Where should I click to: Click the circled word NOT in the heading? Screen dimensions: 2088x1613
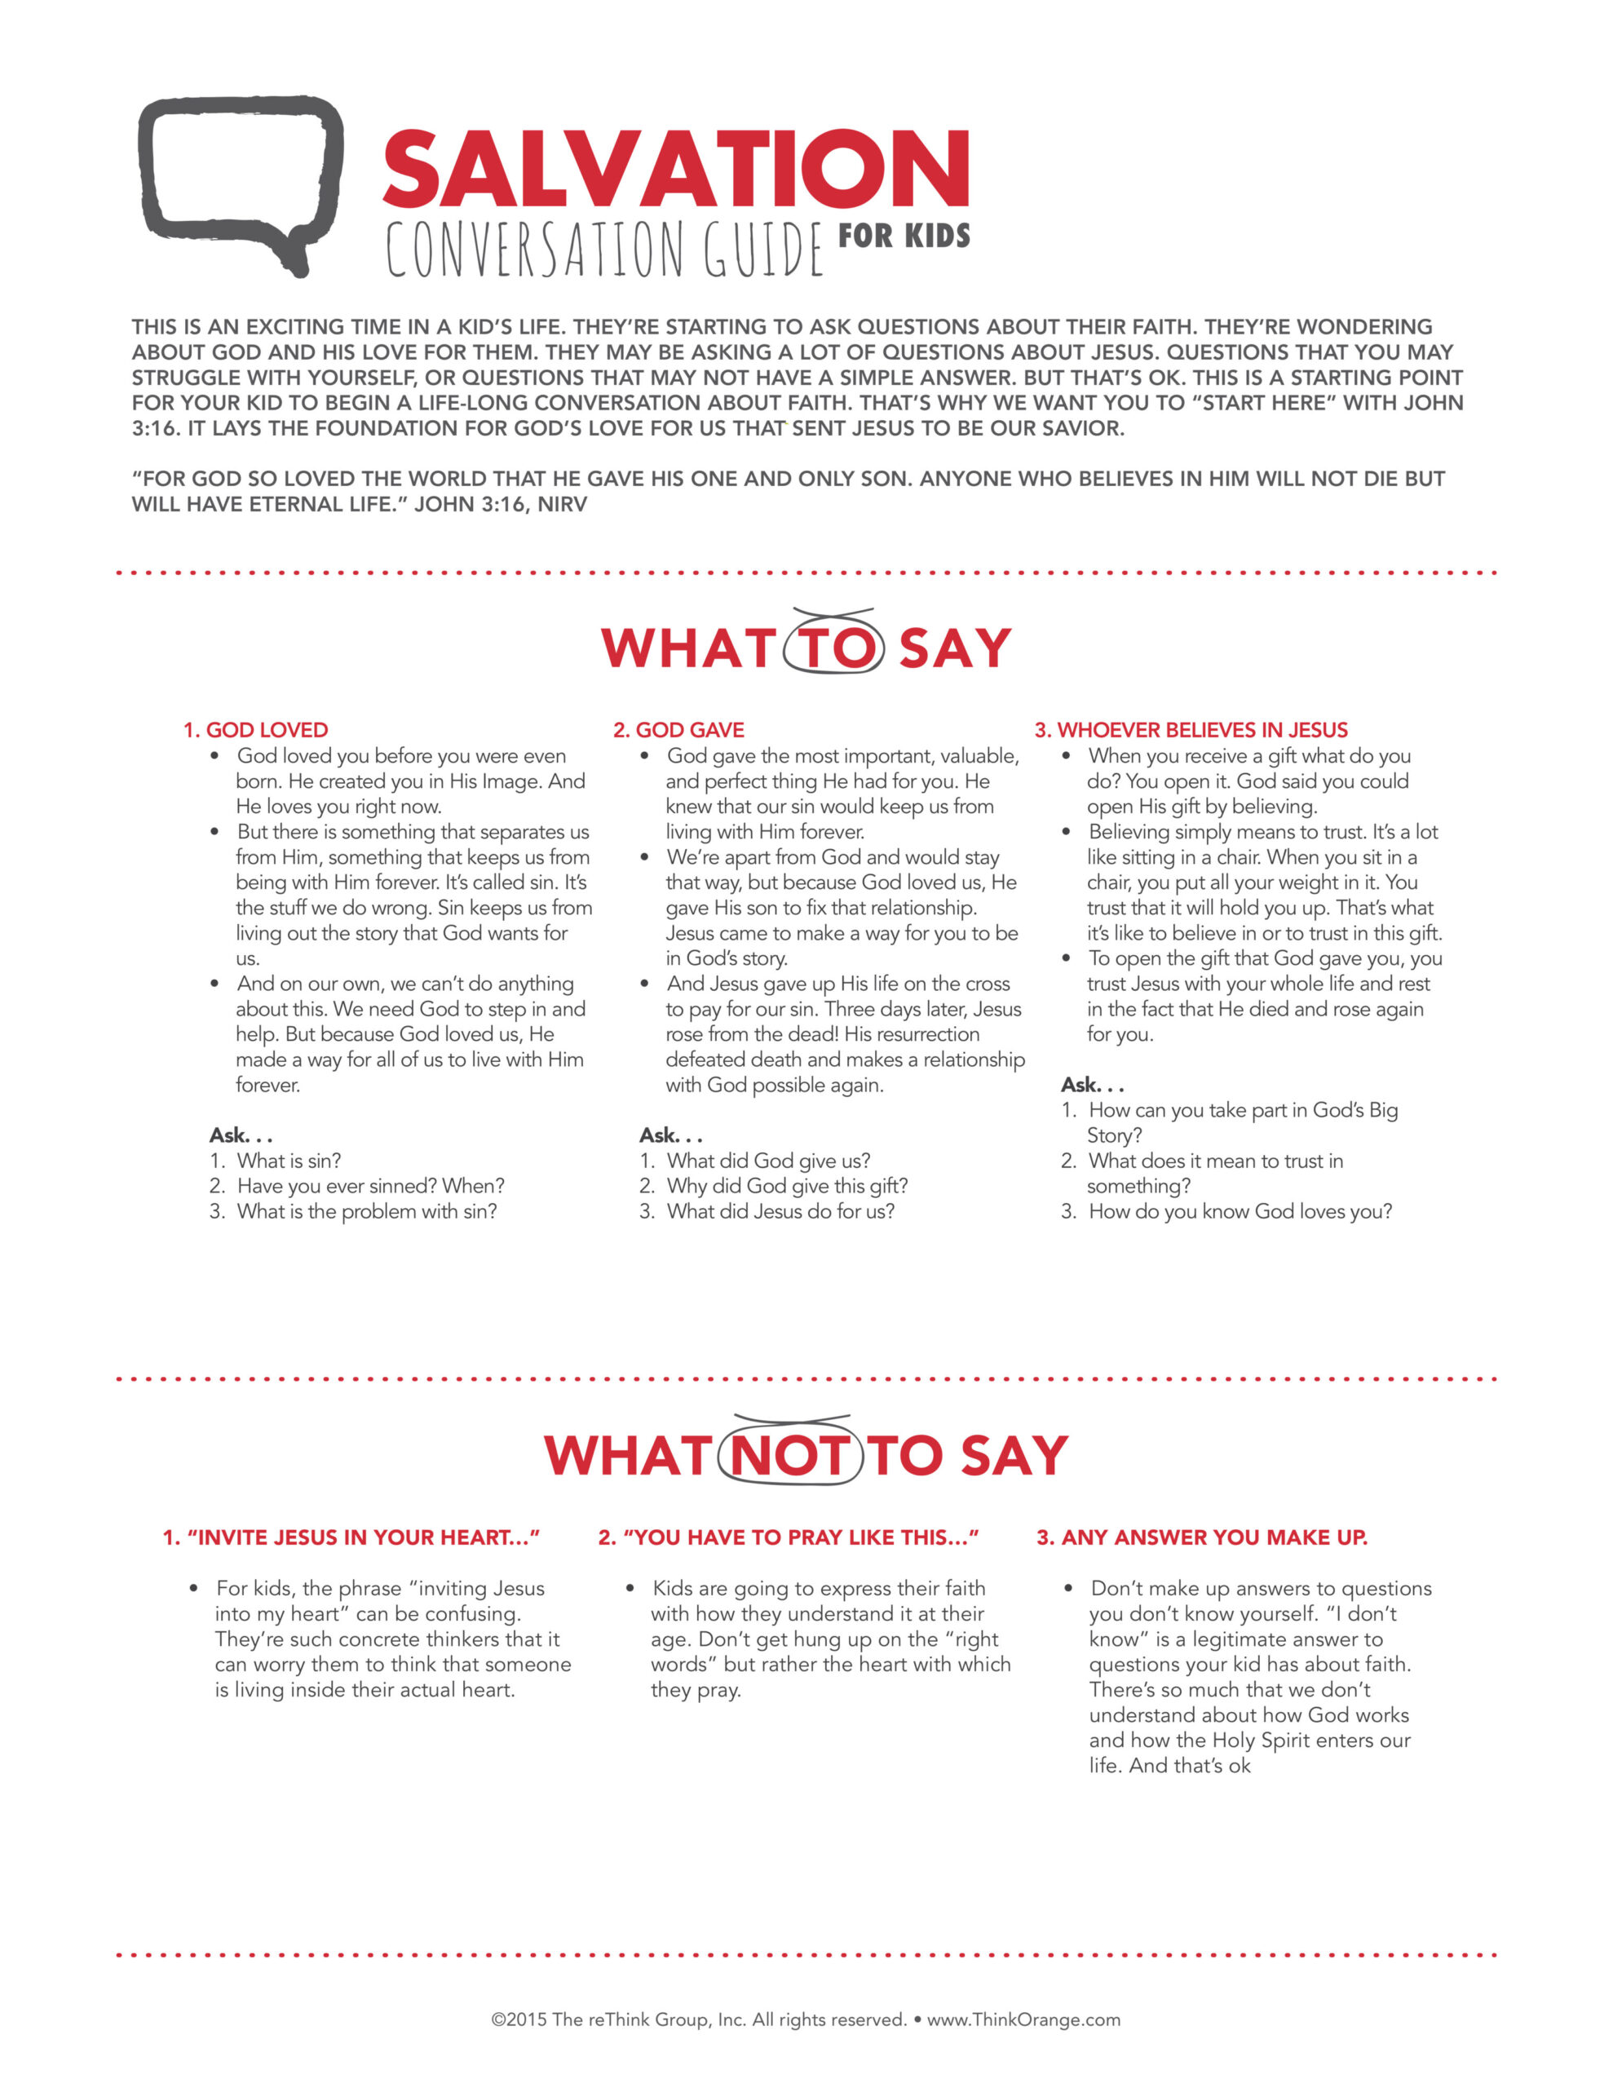coord(789,1455)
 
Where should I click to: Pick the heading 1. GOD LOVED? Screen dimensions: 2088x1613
coord(255,729)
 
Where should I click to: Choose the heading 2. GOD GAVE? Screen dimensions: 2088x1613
coord(678,729)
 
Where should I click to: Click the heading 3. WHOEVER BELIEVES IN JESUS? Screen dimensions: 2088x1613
coord(1191,729)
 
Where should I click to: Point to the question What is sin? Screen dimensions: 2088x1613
coord(289,1161)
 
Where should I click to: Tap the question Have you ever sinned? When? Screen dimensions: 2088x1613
coord(370,1185)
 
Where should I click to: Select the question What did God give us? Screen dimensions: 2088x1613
coord(769,1161)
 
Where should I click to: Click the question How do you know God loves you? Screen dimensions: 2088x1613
coord(1240,1211)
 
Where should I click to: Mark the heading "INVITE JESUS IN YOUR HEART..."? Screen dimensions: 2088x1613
coord(351,1537)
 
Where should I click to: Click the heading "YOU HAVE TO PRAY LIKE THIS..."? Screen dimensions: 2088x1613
coord(789,1537)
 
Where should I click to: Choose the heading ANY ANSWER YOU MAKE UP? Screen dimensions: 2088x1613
coord(1202,1537)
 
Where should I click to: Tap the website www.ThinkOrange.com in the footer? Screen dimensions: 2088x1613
coord(1023,2019)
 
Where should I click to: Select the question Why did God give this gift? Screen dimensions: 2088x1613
coord(787,1185)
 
